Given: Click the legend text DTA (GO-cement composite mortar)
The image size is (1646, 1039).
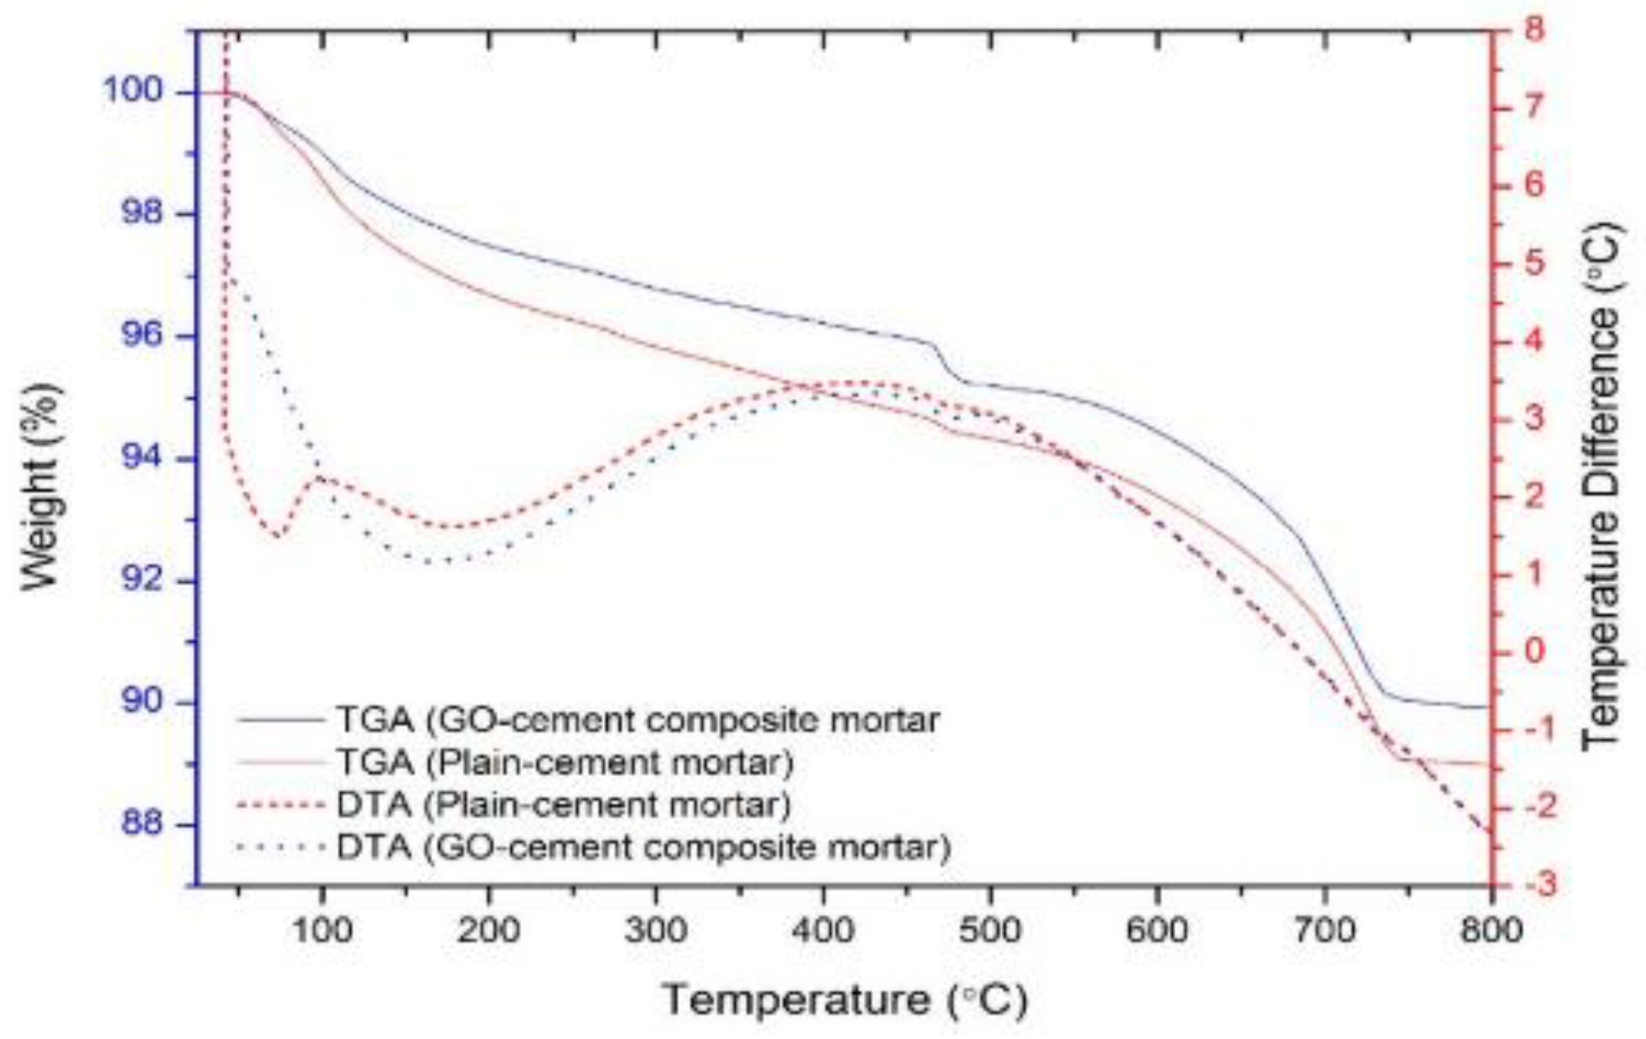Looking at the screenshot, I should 643,847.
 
